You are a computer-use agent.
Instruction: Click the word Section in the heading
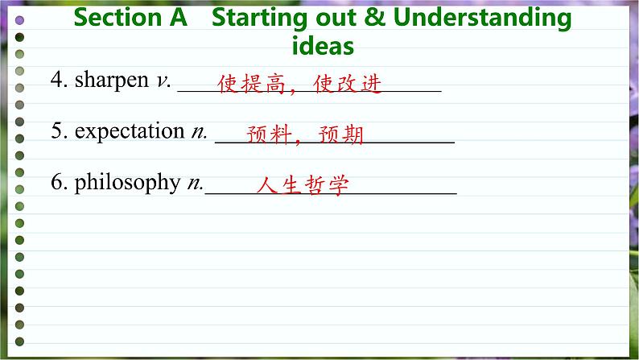click(117, 18)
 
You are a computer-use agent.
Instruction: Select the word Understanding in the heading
click(482, 19)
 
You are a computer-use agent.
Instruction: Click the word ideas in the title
click(323, 46)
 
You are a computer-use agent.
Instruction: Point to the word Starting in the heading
click(259, 19)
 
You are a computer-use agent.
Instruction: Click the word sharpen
click(112, 80)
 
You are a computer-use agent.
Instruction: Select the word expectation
click(130, 130)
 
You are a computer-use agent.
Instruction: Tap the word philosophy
click(127, 183)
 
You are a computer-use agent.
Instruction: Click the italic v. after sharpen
click(163, 81)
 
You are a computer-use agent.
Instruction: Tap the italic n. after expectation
click(200, 132)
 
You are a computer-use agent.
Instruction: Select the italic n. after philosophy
click(196, 184)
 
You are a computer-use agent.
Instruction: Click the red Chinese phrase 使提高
click(251, 84)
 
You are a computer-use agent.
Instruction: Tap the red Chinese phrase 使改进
click(347, 84)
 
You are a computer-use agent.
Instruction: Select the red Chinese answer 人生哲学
click(303, 185)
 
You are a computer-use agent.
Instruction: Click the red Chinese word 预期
click(340, 134)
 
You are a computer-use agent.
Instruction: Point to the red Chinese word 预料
click(270, 134)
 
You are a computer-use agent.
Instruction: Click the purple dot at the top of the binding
click(19, 20)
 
